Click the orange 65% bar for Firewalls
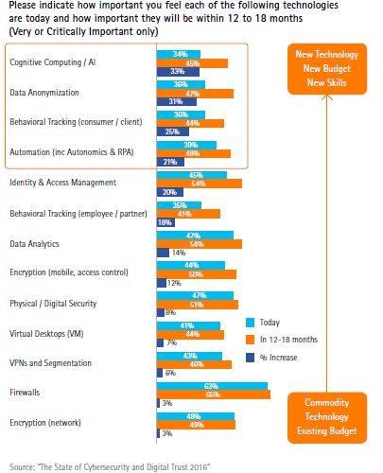tap(214, 394)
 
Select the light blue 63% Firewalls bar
tap(212, 386)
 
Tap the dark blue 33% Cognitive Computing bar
tap(178, 72)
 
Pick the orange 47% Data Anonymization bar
tap(195, 94)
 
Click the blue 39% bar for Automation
tap(186, 145)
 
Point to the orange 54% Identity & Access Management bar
tap(200, 184)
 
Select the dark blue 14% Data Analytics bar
tap(163, 253)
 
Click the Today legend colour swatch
tap(250, 323)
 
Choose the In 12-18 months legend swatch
tap(250, 340)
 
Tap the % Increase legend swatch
tap(250, 358)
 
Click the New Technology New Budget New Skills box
tap(327, 69)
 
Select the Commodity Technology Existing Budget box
tap(327, 417)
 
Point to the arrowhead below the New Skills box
tap(327, 96)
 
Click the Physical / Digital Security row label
tap(53, 304)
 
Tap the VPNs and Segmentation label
tap(50, 363)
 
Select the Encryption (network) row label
tap(45, 423)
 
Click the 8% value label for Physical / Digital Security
tap(170, 312)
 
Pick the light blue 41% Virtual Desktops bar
tap(188, 325)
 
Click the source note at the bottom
tap(110, 467)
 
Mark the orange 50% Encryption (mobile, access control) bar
tap(197, 274)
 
